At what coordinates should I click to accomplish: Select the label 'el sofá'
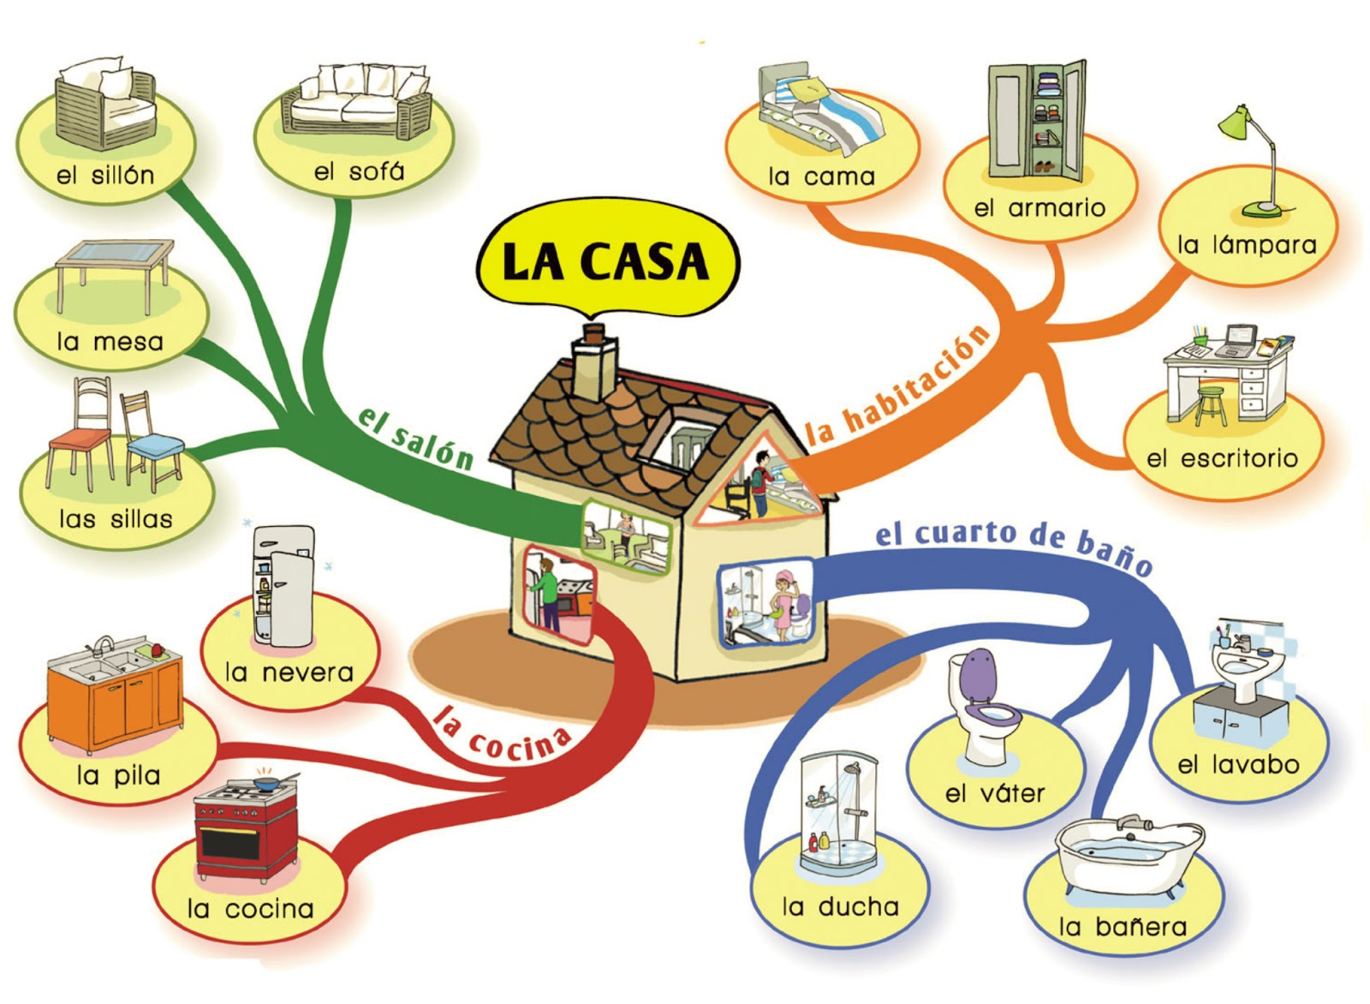coord(359,172)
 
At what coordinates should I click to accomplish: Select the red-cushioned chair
coord(80,433)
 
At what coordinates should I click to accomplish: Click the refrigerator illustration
coord(283,586)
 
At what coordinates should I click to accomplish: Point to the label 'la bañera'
coord(1123,927)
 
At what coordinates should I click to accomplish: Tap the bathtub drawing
coord(1130,857)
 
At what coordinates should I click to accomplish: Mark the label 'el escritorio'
coord(1223,459)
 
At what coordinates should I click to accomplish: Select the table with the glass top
coord(115,275)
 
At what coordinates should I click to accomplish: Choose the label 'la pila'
coord(119,776)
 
